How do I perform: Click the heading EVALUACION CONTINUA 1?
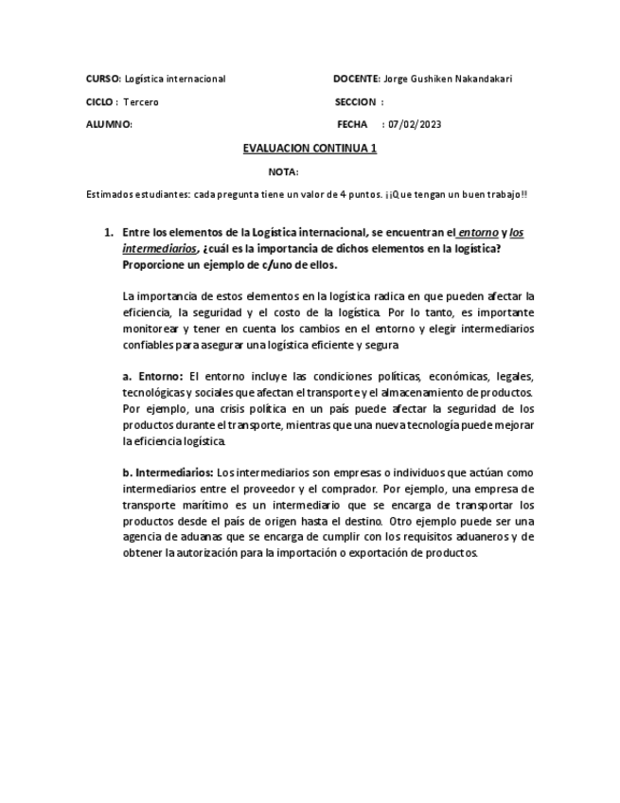point(310,149)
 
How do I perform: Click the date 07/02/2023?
point(415,125)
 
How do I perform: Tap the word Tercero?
point(141,102)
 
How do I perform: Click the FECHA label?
point(351,125)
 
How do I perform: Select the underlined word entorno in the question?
point(478,233)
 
